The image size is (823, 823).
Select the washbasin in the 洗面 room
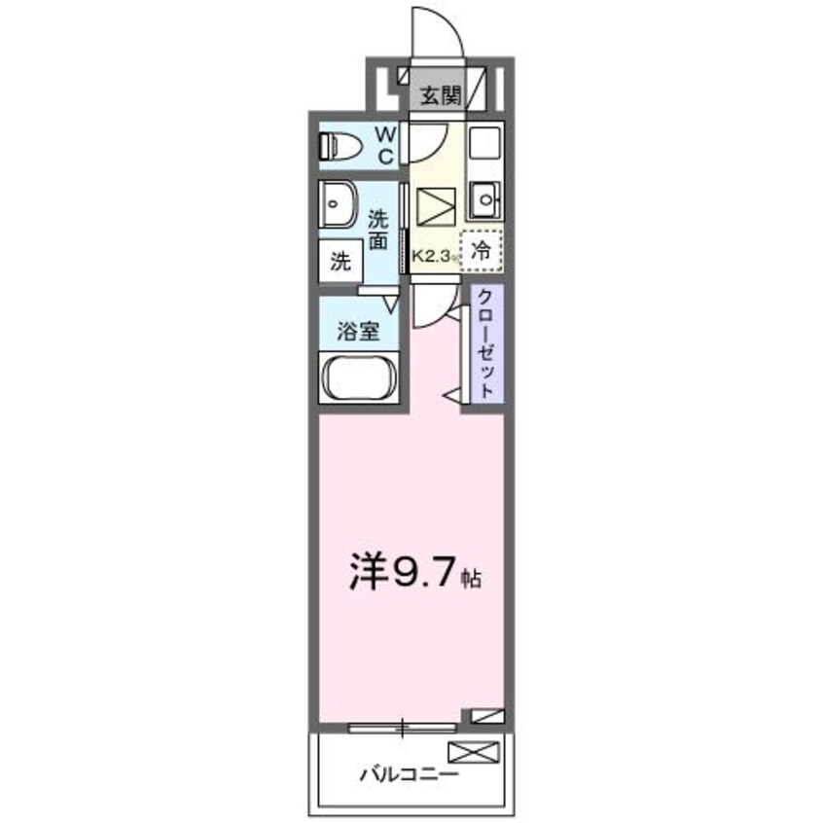tap(337, 206)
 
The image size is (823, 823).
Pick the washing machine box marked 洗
tap(340, 261)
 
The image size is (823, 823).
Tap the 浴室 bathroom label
tap(357, 332)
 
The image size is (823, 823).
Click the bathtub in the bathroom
tap(357, 377)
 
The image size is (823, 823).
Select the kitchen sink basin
tap(483, 202)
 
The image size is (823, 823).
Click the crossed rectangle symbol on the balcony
tap(474, 751)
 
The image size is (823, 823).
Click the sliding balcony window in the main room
tap(403, 726)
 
